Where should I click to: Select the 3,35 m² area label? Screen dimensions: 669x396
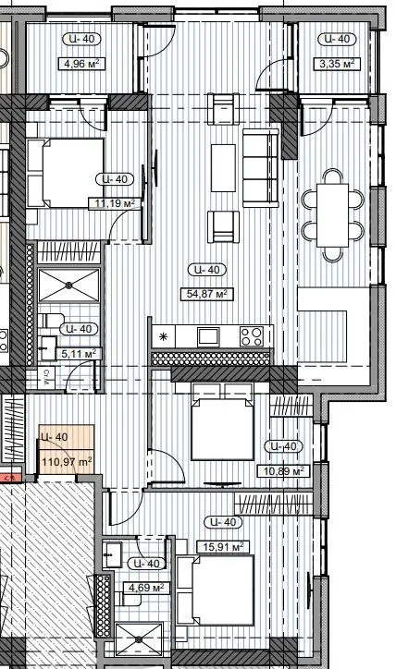pos(337,65)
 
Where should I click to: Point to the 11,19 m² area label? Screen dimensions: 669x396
pos(117,203)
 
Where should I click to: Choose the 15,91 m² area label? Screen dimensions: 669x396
pos(220,547)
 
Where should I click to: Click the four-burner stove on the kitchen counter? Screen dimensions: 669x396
pos(251,334)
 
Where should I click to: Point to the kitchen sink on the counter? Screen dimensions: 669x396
pos(206,334)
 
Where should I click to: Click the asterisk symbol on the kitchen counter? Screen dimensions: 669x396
pos(164,335)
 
